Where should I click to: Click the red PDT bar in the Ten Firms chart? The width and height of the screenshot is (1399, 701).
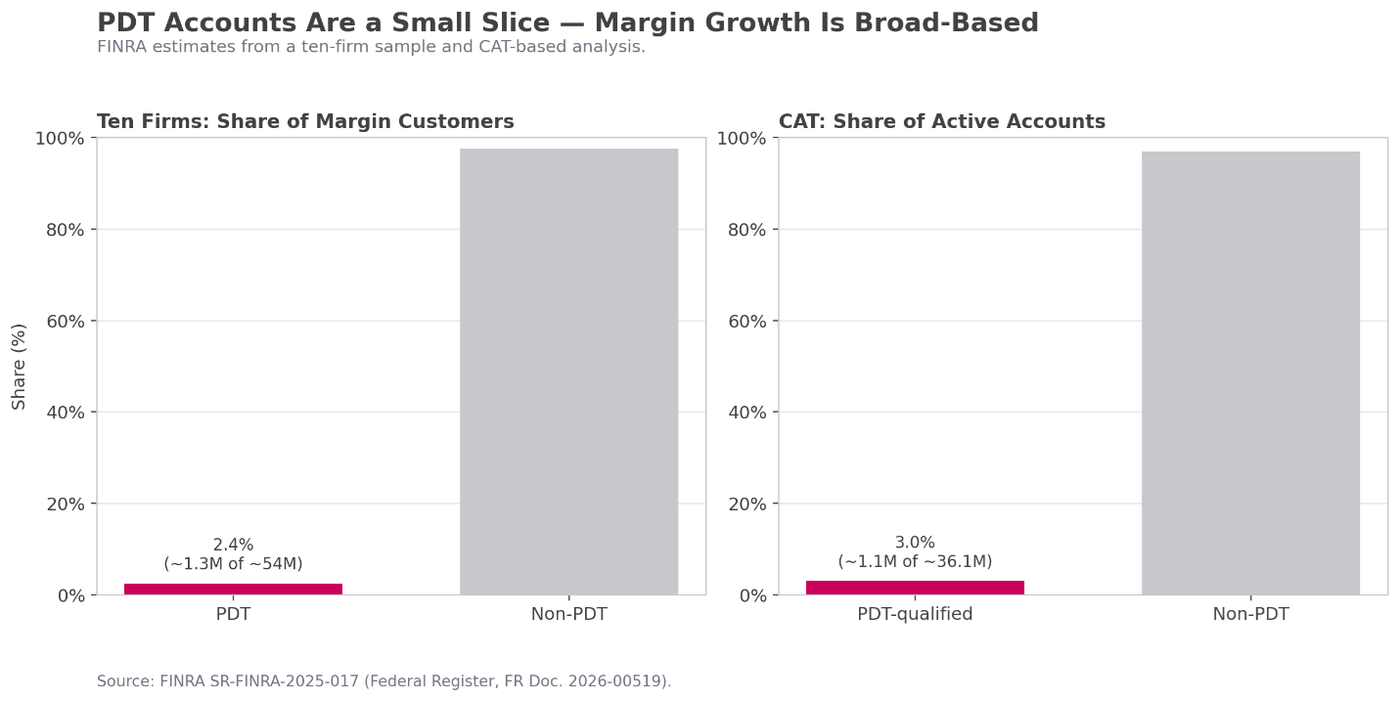click(x=233, y=589)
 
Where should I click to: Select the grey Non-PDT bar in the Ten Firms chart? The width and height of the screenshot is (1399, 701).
click(x=568, y=372)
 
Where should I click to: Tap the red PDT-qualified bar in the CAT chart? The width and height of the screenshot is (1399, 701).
click(x=915, y=588)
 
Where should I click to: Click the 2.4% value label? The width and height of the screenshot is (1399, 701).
click(x=233, y=546)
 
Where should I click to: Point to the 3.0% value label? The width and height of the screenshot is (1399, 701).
click(x=915, y=543)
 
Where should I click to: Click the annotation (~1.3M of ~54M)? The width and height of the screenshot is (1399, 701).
click(x=233, y=564)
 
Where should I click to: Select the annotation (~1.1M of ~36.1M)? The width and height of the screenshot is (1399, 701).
click(x=915, y=562)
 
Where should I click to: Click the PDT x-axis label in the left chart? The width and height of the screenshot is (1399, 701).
click(x=233, y=615)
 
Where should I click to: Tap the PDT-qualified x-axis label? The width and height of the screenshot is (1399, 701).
click(x=915, y=615)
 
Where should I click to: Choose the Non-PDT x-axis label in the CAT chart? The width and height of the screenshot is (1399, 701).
click(x=1250, y=615)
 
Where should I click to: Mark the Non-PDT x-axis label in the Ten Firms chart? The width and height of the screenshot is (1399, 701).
click(x=568, y=615)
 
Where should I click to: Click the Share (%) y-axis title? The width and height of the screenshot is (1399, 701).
click(x=20, y=366)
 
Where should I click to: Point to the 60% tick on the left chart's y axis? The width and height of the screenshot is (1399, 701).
click(x=65, y=321)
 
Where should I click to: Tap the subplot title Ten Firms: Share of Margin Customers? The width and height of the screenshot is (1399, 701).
click(x=305, y=122)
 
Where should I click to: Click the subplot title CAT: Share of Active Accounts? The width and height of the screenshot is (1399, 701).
click(x=941, y=122)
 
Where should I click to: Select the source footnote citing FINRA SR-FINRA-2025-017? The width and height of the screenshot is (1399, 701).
click(x=384, y=681)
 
